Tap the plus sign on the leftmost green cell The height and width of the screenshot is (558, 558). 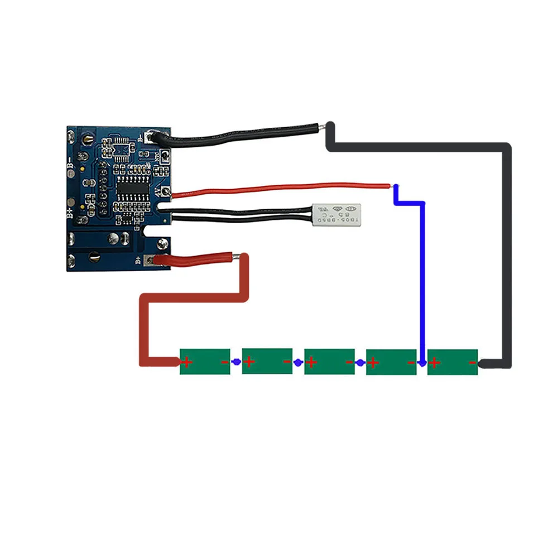coord(187,363)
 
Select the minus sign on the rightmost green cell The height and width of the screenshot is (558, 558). coord(472,363)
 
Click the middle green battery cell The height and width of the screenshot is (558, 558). coord(329,361)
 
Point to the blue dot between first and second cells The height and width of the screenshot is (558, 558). coord(236,362)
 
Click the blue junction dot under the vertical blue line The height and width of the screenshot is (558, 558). coord(422,363)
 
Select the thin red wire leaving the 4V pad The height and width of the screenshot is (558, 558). coord(279,188)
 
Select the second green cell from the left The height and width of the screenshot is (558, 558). coord(267,361)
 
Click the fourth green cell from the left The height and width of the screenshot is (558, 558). coord(391,361)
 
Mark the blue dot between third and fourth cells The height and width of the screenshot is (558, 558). coord(360,363)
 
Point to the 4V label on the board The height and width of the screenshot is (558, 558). coord(158,191)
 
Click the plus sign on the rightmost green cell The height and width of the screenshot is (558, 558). coord(435,363)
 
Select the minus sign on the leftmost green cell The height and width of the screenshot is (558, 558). coord(224,362)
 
